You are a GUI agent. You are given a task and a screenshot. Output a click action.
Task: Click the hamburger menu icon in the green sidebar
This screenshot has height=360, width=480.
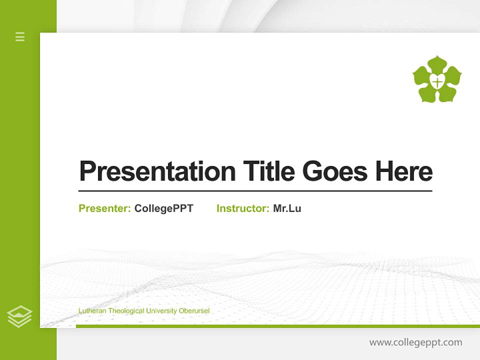coord(20,36)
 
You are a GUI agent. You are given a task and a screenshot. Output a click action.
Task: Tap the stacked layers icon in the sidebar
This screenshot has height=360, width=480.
coord(19,316)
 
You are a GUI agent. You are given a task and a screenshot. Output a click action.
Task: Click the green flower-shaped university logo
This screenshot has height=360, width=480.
coord(437,79)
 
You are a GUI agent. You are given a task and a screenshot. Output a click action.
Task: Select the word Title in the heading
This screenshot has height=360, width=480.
coord(268,171)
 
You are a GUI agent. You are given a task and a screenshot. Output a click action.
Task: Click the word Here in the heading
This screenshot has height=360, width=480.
coord(404,171)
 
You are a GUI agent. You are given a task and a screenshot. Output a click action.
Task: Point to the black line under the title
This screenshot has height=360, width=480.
coord(255,191)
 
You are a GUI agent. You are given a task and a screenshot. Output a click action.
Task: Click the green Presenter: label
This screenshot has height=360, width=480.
coord(104,208)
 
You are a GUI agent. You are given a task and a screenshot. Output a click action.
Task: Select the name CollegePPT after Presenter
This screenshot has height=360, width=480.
coord(163,208)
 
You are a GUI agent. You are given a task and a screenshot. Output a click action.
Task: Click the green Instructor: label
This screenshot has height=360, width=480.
coord(242,208)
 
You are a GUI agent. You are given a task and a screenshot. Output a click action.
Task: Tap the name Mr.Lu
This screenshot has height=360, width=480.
coord(287,208)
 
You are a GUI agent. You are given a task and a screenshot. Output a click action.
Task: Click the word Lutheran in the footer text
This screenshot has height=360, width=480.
coord(92,311)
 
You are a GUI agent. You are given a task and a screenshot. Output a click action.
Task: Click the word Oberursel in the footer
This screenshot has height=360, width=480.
coord(194,311)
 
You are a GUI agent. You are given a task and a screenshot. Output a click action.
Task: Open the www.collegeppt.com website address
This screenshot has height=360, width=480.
coord(415,342)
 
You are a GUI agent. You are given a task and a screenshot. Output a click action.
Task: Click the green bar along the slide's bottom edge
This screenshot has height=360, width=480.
coord(277,326)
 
